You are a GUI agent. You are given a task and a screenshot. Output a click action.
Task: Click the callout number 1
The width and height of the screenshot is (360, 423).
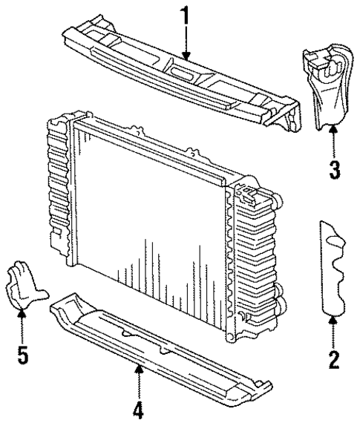click(185, 13)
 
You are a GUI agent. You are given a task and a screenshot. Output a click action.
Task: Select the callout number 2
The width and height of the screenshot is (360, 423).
click(334, 360)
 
